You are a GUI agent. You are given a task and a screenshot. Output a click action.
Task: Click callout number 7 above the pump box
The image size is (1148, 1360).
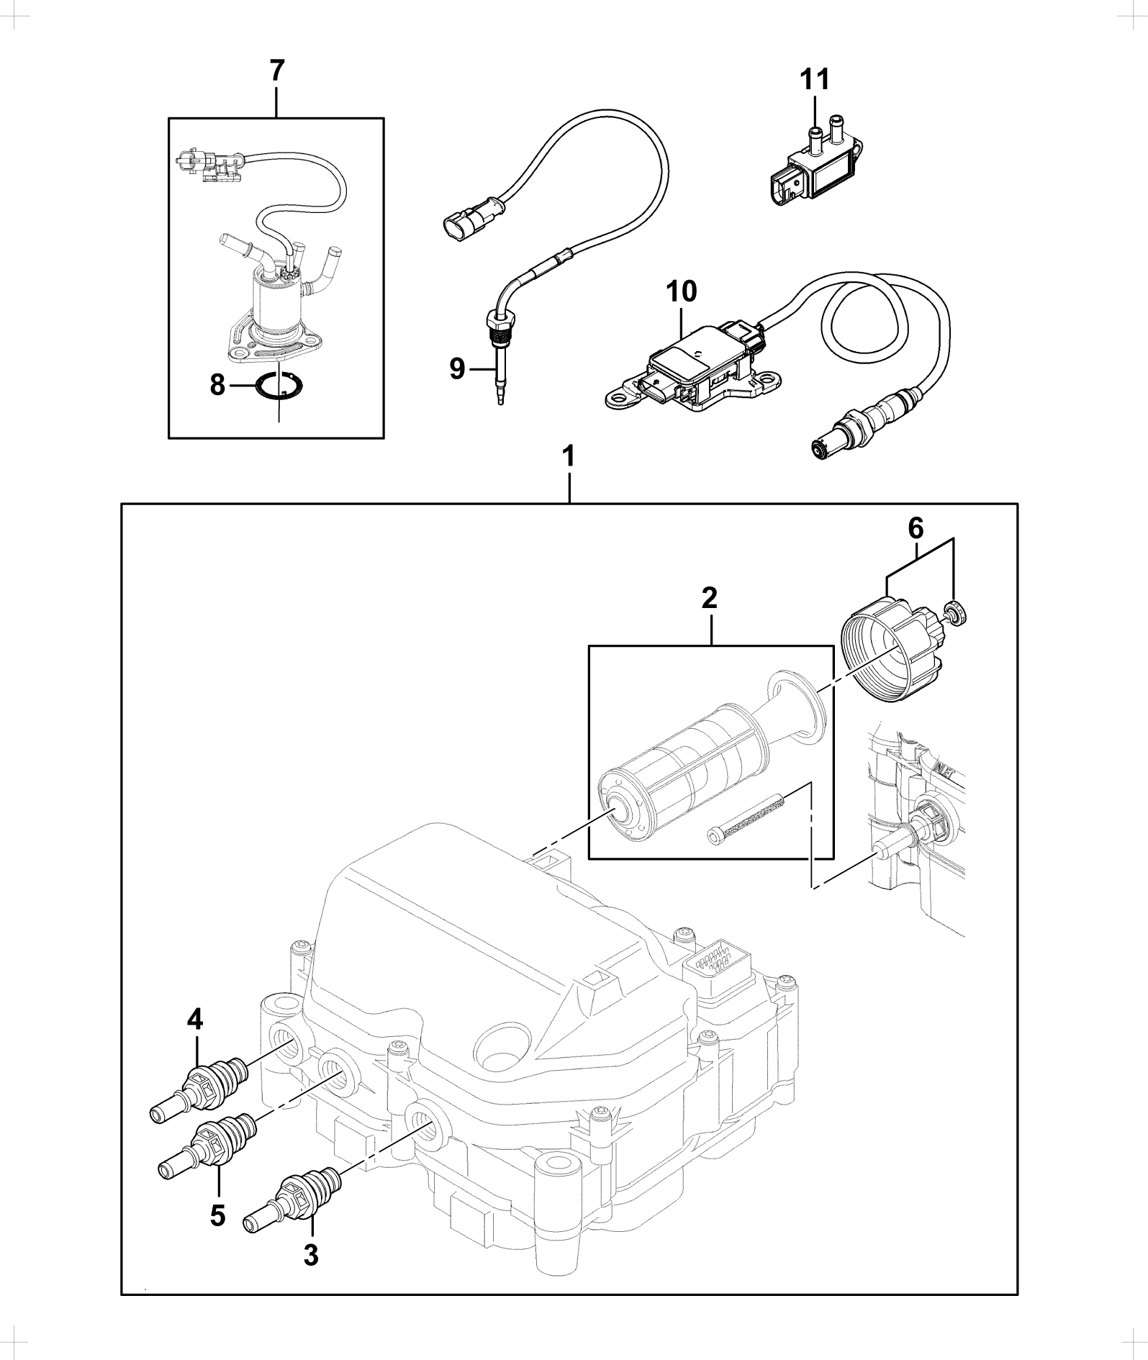tap(277, 71)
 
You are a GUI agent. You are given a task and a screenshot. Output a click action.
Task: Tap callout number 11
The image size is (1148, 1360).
tap(815, 79)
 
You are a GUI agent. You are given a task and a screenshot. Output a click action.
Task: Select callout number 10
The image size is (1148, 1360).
tap(681, 292)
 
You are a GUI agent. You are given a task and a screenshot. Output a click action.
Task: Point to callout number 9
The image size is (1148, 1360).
tap(458, 369)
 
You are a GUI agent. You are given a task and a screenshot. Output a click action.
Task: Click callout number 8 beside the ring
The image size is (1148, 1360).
tap(218, 385)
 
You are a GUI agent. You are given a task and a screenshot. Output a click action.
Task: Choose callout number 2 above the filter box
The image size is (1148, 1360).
tap(710, 597)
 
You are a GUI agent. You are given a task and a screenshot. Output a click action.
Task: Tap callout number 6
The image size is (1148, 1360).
tap(915, 529)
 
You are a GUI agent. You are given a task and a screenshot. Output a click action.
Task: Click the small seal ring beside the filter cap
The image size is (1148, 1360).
tap(956, 611)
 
